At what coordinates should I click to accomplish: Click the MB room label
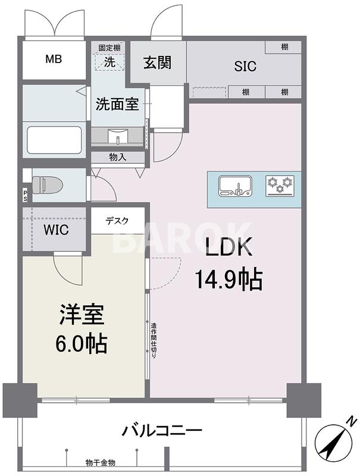[54, 59]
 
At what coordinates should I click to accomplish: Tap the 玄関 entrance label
[158, 62]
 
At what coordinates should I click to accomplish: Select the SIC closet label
[245, 66]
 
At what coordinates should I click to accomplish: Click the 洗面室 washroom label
[117, 104]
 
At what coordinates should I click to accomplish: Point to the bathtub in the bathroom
[54, 140]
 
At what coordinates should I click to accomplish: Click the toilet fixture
[48, 185]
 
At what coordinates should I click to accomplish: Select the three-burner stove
[280, 186]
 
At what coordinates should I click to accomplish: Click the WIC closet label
[56, 230]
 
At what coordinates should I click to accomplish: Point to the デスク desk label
[117, 221]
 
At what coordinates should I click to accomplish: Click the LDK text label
[229, 246]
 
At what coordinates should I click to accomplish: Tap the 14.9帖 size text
[228, 279]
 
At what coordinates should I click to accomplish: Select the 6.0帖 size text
[81, 343]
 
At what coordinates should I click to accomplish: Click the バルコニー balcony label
[162, 430]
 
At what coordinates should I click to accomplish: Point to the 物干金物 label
[100, 463]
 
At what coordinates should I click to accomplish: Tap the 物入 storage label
[118, 157]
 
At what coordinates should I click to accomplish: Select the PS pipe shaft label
[25, 196]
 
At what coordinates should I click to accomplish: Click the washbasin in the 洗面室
[117, 136]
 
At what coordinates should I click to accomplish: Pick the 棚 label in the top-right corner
[284, 47]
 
